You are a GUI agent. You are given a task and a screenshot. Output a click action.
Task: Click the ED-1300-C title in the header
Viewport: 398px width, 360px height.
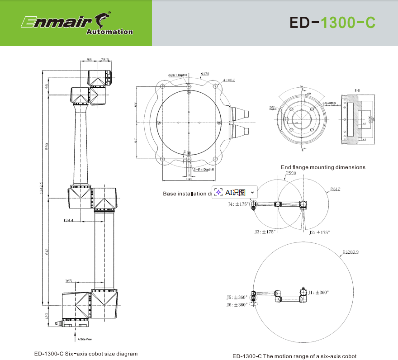[x=332, y=23]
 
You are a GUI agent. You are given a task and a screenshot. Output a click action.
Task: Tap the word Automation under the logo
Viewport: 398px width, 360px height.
[x=109, y=32]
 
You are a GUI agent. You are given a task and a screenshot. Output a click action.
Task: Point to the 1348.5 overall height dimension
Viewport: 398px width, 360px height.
[x=42, y=189]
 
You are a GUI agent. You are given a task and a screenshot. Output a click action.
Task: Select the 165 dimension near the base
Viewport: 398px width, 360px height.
[x=68, y=281]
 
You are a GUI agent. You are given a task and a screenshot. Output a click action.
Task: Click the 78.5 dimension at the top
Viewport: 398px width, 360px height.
[x=104, y=59]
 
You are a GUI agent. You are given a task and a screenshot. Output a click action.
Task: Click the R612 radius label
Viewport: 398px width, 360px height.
[x=335, y=189]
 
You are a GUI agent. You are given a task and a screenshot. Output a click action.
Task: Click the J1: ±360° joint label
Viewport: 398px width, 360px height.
[x=318, y=293]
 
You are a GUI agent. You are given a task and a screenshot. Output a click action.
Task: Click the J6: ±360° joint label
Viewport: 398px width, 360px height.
[x=237, y=305]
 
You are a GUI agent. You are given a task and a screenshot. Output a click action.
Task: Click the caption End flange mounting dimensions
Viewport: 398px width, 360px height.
[x=323, y=167]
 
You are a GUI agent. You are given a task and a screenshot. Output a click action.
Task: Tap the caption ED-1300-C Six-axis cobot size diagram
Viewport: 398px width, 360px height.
[x=86, y=354]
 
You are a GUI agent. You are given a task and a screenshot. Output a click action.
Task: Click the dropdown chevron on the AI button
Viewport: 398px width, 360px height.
[x=252, y=192]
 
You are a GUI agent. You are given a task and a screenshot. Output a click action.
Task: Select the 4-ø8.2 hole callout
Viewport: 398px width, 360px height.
[x=229, y=80]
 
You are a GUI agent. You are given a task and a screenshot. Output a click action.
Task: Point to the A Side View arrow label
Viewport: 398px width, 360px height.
[x=85, y=339]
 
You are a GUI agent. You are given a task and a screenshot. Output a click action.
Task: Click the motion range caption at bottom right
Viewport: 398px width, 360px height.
[x=294, y=356]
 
